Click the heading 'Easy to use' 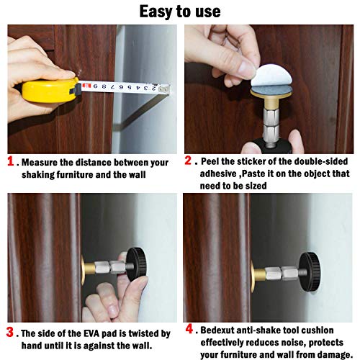[179, 12]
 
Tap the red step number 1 [12, 163]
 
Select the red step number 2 [189, 163]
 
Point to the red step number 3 [12, 333]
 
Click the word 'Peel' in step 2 [213, 163]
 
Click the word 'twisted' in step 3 [137, 333]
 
